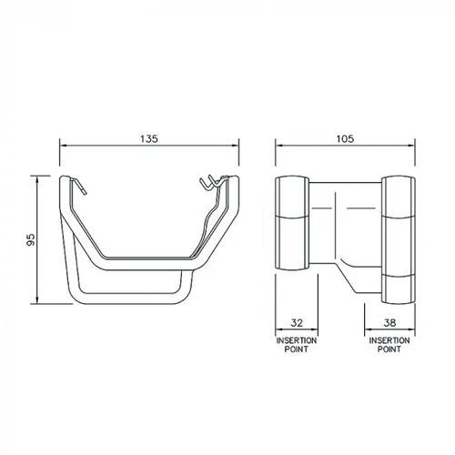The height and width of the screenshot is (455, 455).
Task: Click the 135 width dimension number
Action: [x=149, y=138]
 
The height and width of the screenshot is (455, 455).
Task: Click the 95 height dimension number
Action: [x=31, y=239]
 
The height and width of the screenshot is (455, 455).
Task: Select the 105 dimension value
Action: [x=345, y=138]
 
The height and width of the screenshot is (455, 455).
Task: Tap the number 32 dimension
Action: [x=297, y=322]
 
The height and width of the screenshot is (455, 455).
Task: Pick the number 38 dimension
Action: [x=389, y=322]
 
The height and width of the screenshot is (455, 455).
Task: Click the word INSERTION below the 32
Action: [x=297, y=340]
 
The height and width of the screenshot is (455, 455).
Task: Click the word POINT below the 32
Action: [x=297, y=349]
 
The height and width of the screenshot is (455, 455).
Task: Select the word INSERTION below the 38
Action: [x=389, y=340]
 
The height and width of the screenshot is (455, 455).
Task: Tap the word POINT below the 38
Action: [x=389, y=349]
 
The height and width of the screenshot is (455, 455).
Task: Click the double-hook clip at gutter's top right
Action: [x=212, y=182]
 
